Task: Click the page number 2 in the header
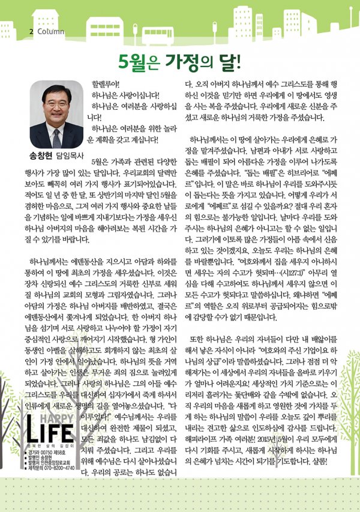31,31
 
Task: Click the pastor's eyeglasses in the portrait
56,103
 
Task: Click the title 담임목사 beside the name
70,154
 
